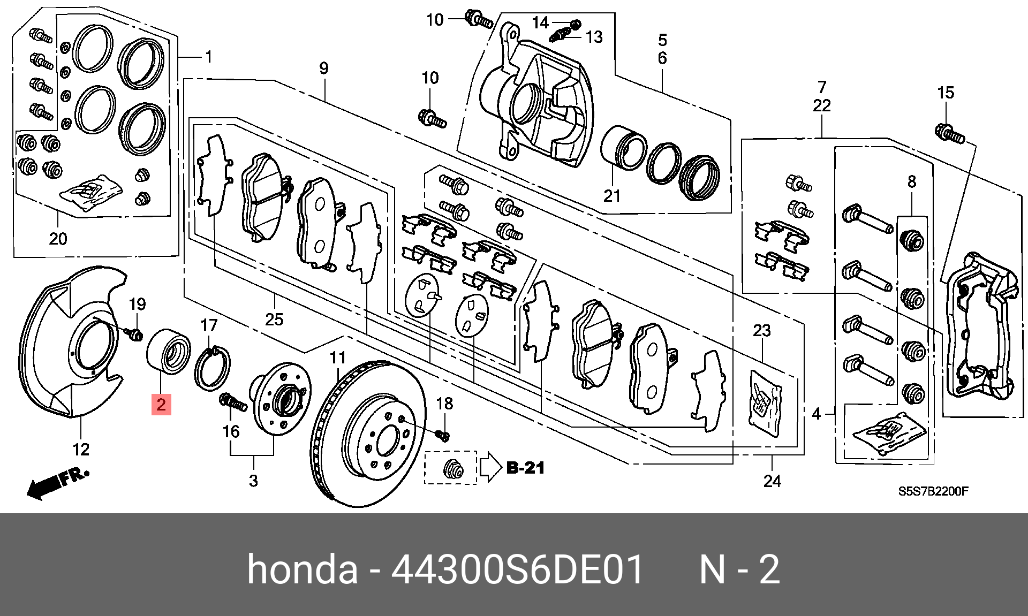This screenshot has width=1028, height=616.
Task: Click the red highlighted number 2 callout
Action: [x=161, y=404]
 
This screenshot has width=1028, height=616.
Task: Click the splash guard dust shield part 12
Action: [x=67, y=343]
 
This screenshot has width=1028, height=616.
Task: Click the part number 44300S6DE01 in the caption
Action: [x=517, y=569]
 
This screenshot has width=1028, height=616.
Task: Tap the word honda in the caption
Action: [x=302, y=569]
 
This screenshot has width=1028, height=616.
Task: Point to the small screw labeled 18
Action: [x=443, y=435]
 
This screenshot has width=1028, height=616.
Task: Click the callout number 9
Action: [x=323, y=69]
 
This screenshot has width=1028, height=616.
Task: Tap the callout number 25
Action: [x=274, y=319]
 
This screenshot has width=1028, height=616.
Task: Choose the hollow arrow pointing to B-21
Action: [x=489, y=467]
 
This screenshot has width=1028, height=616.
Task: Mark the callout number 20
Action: [x=58, y=238]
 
